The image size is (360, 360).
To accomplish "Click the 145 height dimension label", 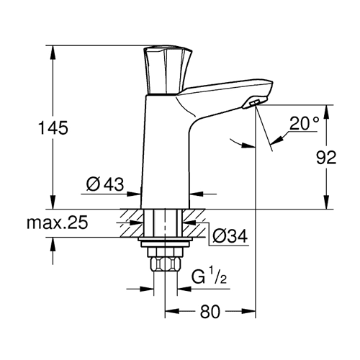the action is [53, 127].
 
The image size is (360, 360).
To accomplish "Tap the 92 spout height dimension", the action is [326, 158].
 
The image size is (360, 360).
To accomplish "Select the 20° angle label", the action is [304, 123].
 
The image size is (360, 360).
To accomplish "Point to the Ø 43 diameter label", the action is [105, 184].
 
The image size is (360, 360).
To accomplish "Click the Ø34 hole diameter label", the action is [230, 236].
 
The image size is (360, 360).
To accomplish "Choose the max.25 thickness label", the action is [58, 222].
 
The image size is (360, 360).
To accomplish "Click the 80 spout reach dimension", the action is [210, 312].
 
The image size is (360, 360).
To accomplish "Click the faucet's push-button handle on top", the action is [167, 70].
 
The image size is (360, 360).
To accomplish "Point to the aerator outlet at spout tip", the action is [254, 103].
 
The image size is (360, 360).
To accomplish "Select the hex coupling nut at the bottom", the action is [165, 264].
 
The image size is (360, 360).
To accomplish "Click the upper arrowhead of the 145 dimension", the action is [53, 52].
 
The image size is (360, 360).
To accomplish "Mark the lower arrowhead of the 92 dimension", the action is [326, 202].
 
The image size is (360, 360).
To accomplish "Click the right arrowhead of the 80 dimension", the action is [248, 311].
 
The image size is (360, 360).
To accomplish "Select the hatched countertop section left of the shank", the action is [132, 223].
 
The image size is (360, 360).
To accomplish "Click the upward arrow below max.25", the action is [53, 244].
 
